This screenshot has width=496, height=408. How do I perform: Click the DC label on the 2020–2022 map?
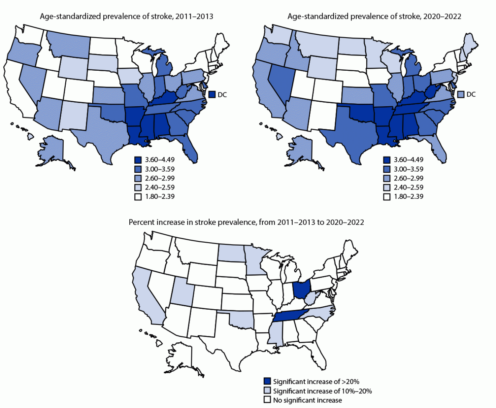click(471, 95)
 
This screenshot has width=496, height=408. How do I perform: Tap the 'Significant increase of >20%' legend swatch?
click(267, 381)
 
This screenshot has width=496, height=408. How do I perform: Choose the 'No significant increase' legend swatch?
click(267, 400)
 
